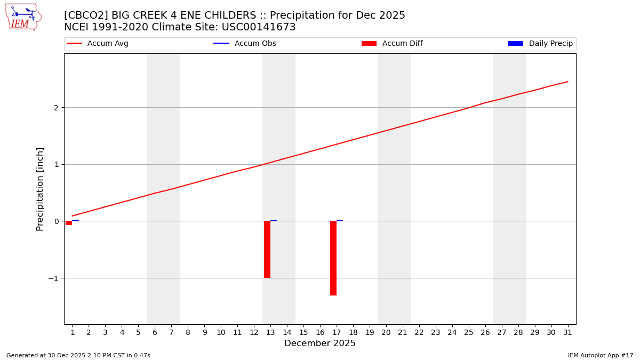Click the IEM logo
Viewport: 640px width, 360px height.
pos(23,17)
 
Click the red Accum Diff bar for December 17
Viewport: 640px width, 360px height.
pos(333,258)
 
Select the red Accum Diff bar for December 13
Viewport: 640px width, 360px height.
pos(267,249)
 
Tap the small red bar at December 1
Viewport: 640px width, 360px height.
pos(69,223)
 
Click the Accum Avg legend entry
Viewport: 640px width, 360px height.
pos(98,44)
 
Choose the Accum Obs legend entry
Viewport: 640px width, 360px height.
pos(245,44)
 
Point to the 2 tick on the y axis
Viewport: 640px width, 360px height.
pos(57,108)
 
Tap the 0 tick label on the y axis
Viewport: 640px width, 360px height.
pos(57,221)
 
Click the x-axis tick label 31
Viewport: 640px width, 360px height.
pos(567,333)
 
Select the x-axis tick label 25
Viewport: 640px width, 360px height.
pos(468,333)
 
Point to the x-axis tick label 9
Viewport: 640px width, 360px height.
pos(204,333)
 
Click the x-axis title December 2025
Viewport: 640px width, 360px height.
pos(320,343)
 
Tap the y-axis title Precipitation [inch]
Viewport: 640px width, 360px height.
pos(40,189)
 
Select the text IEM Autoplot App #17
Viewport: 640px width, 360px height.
pos(600,355)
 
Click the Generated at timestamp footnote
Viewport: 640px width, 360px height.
pos(78,355)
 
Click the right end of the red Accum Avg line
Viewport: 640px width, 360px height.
pos(567,82)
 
